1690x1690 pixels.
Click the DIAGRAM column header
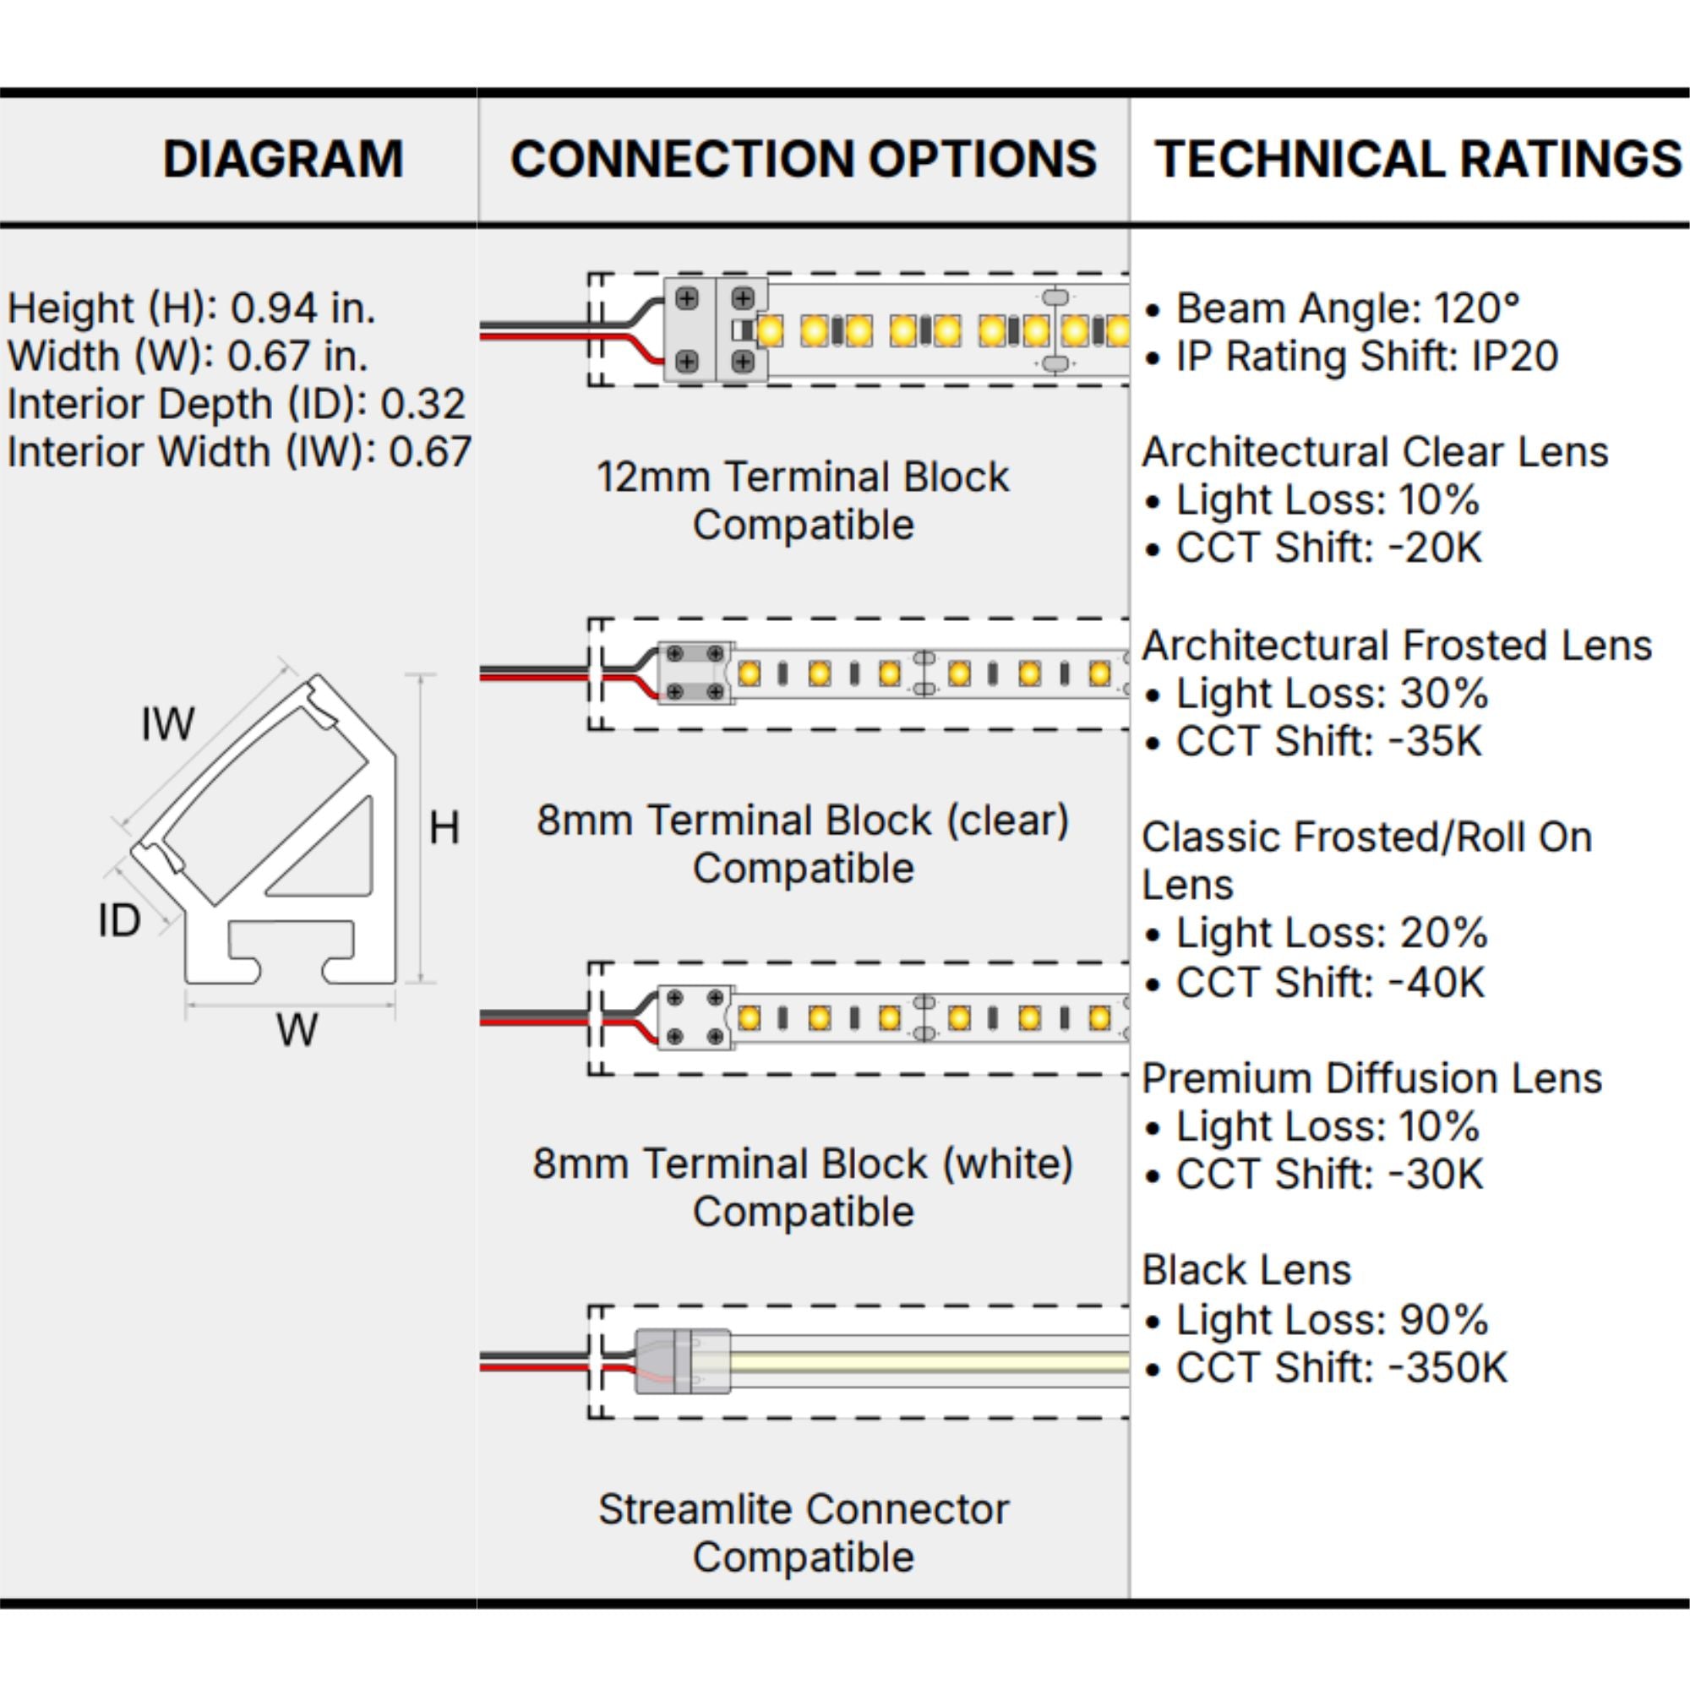(x=283, y=159)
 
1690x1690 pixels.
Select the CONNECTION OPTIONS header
(x=803, y=159)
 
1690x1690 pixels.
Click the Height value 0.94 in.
(x=303, y=308)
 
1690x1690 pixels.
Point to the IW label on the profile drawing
(x=168, y=724)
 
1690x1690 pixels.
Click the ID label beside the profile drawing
(x=120, y=920)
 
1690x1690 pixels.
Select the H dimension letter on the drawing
(x=444, y=827)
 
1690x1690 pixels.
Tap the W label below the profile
(x=297, y=1029)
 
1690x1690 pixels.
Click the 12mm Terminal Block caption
(x=803, y=501)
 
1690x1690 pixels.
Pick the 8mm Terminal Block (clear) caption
(x=803, y=844)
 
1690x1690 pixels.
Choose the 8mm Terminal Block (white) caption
(x=803, y=1188)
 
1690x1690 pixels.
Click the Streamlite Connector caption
(x=803, y=1533)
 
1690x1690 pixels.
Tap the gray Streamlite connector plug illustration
(x=682, y=1361)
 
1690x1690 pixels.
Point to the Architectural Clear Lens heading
(x=1375, y=452)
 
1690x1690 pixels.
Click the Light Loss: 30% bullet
(x=1317, y=694)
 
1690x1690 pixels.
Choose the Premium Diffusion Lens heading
(x=1371, y=1078)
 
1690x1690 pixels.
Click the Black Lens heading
(x=1246, y=1270)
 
